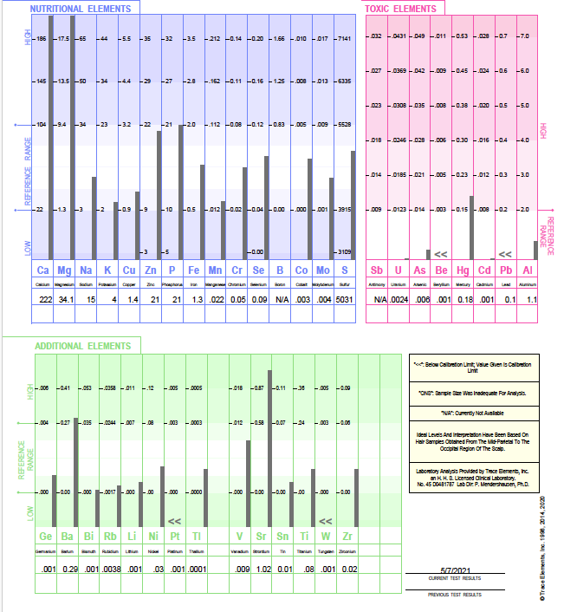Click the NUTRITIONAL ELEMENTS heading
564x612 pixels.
coord(83,8)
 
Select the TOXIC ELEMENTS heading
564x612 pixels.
coord(401,8)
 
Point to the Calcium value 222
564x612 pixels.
coord(45,299)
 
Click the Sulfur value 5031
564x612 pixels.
coord(344,299)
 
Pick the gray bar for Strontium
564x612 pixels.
coord(269,445)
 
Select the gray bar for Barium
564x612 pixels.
coord(75,456)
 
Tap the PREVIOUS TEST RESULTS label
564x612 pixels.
coord(455,595)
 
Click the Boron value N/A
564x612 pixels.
coord(280,299)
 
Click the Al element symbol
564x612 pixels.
coord(528,271)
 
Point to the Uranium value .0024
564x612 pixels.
coord(398,299)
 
